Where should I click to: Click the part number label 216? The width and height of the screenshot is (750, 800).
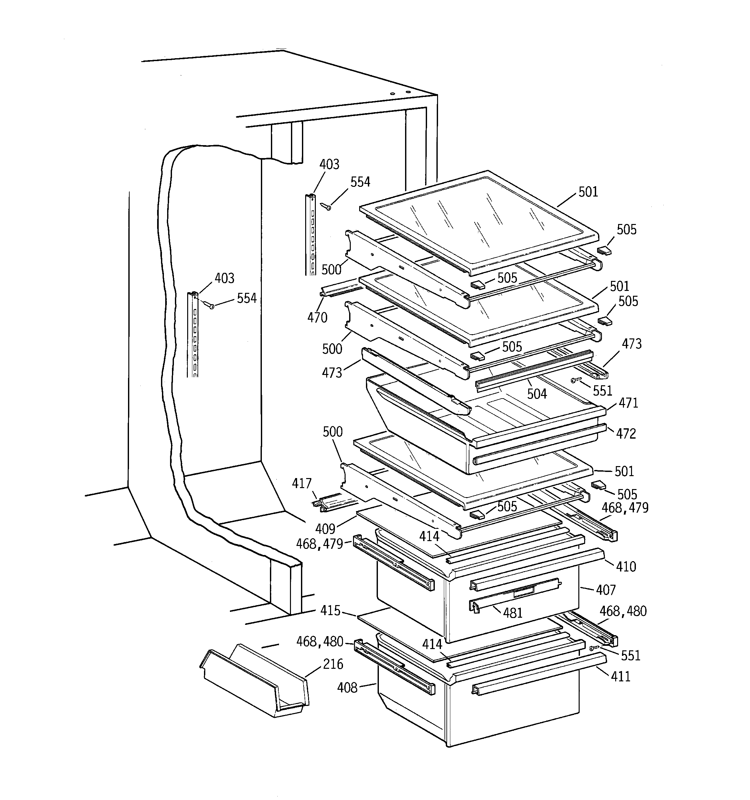[x=333, y=664]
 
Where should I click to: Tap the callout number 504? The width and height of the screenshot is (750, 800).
[x=537, y=394]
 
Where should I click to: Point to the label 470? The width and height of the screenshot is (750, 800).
[x=317, y=317]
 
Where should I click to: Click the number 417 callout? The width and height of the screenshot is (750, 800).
[x=302, y=483]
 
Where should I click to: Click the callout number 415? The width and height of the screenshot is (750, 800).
[x=330, y=611]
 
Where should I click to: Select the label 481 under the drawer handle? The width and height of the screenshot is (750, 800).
[x=513, y=613]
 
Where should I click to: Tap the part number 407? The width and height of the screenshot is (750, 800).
[x=606, y=590]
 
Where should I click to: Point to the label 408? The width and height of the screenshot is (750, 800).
[x=347, y=688]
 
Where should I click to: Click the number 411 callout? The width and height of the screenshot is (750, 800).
[x=620, y=677]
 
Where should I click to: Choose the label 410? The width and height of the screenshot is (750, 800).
[x=626, y=567]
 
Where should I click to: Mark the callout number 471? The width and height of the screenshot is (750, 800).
[x=628, y=403]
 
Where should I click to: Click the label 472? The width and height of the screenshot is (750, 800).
[x=626, y=433]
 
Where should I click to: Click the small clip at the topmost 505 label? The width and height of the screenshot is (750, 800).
[x=604, y=251]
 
